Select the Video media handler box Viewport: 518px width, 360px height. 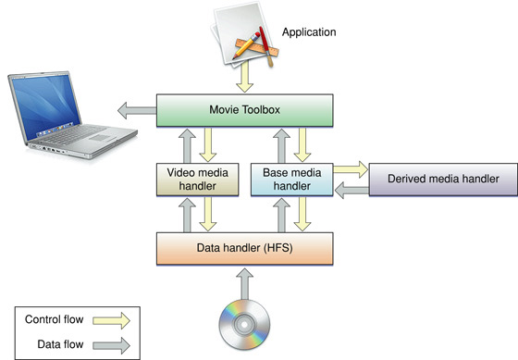(191, 179)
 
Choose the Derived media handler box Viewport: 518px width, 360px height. (443, 178)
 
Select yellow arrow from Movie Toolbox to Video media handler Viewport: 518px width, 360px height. (208, 144)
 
